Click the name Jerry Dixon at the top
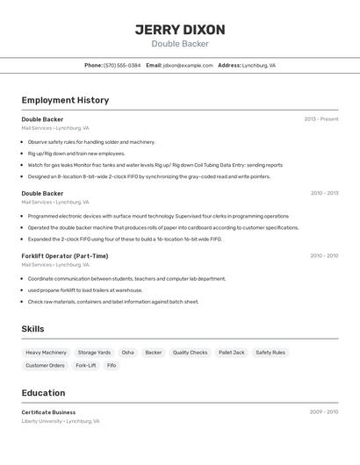pos(180,30)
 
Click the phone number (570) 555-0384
pos(122,65)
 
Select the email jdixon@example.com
pos(188,65)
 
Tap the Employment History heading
pos(65,100)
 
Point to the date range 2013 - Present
pos(321,119)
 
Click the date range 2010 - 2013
pos(324,193)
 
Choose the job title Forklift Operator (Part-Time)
pos(65,256)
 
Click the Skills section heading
pos(33,329)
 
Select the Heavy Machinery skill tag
pos(46,353)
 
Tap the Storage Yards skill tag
pos(94,353)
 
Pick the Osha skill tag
pos(128,353)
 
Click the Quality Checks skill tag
pos(190,353)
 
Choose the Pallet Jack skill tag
pos(232,353)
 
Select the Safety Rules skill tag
pos(270,353)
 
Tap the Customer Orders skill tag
pos(45,365)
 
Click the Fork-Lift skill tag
pos(86,365)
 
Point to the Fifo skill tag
pos(112,365)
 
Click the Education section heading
pos(43,393)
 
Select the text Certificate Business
pos(48,412)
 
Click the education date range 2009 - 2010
pos(324,411)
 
